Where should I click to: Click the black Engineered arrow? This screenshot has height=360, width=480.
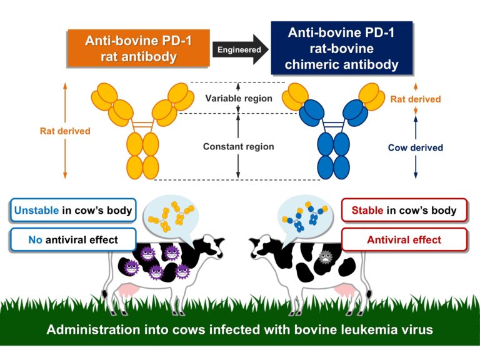[x=240, y=49]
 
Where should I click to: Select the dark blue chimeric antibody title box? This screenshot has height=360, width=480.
[x=342, y=47]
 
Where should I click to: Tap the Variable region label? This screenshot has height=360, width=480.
[x=239, y=98]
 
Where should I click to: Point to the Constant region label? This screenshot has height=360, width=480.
[x=238, y=147]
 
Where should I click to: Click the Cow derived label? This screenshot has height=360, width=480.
[x=415, y=148]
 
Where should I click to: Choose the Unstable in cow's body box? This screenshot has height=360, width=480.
[x=73, y=210]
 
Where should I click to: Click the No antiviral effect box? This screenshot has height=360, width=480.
[x=73, y=239]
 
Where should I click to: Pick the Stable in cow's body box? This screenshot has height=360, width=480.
[x=404, y=210]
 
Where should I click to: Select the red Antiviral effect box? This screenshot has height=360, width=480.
[x=404, y=239]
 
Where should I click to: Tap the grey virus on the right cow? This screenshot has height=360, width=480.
[x=325, y=257]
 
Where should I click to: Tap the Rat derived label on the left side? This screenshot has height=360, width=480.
[x=65, y=131]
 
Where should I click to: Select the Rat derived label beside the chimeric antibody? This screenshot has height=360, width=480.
[x=415, y=99]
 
